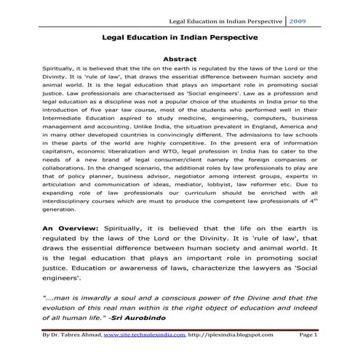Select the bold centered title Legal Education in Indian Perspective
pos(180,34)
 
